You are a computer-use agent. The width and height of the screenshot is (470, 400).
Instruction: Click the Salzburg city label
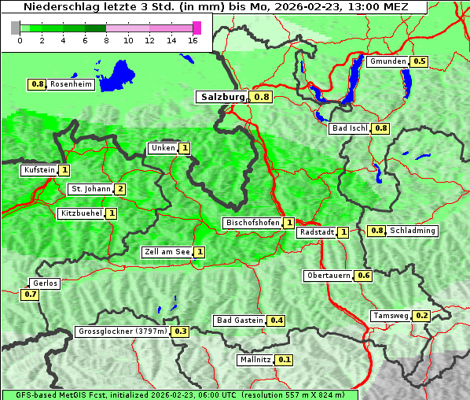pos(222,97)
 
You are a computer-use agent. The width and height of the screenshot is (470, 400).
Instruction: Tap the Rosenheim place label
pos(70,84)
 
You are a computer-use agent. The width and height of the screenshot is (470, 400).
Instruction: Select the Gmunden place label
pos(387,61)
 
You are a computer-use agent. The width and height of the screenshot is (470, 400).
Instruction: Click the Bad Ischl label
pos(350,128)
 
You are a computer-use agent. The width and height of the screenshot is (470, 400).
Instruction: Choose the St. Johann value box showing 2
pos(119,189)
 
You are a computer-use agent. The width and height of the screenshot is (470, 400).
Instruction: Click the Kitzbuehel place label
pos(80,213)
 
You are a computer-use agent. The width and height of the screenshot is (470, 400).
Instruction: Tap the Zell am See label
pos(167,252)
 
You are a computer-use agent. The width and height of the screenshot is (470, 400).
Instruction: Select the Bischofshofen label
pos(252,224)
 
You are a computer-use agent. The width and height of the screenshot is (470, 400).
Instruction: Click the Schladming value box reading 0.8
pos(376,231)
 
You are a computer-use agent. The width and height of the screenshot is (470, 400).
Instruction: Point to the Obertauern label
pos(329,276)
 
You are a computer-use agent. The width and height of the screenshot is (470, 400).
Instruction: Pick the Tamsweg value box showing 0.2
pos(422,316)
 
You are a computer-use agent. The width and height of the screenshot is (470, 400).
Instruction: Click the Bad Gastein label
pos(240,320)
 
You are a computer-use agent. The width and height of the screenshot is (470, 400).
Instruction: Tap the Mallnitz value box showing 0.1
pos(285,360)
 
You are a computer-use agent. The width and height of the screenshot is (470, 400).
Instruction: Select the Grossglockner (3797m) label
pos(123,331)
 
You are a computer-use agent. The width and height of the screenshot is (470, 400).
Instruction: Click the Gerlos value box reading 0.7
pos(31,294)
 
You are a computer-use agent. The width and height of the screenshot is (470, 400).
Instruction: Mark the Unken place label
pos(163,148)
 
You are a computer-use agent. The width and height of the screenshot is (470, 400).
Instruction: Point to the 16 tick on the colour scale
pos(193,40)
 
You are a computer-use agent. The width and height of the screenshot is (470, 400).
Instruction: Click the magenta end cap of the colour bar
pos(196,28)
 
